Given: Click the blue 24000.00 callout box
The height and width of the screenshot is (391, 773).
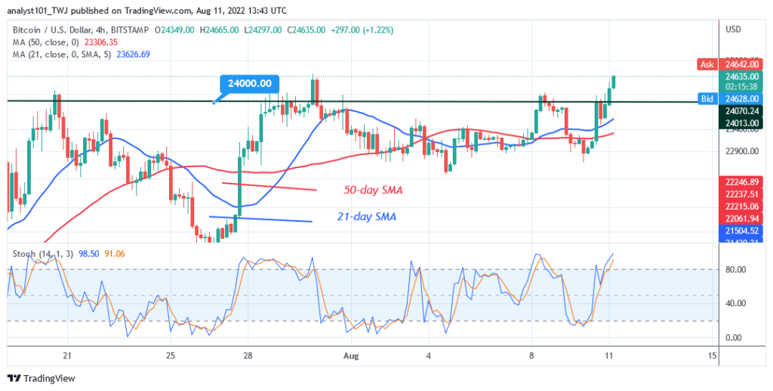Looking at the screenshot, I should click(x=251, y=84).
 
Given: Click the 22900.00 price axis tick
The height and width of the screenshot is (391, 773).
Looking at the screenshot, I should click(x=740, y=151).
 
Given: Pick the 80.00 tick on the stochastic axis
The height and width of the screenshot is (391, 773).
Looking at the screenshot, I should click(x=735, y=269).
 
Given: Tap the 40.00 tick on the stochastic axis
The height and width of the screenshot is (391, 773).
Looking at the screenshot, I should click(x=735, y=303).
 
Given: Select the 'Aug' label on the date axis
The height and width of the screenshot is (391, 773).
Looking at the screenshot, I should click(x=349, y=355).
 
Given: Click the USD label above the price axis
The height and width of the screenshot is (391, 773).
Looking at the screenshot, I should click(x=732, y=29).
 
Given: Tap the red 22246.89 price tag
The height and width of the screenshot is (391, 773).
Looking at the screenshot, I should click(x=741, y=182).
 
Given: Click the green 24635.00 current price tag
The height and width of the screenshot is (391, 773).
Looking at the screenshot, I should click(x=741, y=76).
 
